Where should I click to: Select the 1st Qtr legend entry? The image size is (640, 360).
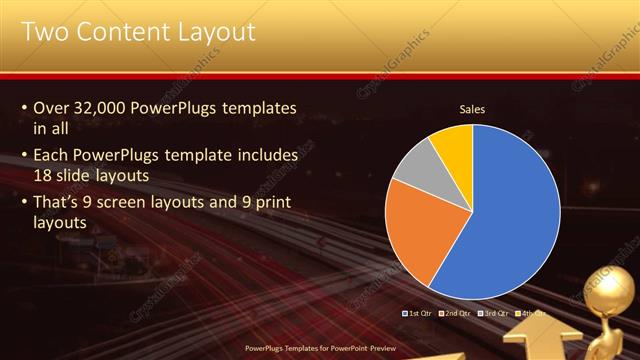[419, 313]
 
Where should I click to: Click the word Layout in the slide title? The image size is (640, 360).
[212, 32]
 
